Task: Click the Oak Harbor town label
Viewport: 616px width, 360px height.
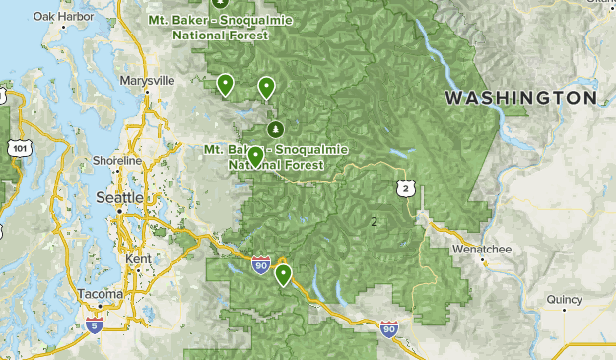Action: (55, 17)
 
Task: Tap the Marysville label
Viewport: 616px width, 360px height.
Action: (146, 80)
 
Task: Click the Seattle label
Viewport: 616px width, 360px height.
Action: (118, 198)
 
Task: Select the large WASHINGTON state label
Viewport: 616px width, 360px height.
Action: (520, 98)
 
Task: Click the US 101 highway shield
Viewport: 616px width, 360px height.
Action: (20, 148)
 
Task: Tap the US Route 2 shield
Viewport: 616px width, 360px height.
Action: (405, 187)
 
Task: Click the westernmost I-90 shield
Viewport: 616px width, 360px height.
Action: (260, 265)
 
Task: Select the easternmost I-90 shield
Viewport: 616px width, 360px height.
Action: (389, 330)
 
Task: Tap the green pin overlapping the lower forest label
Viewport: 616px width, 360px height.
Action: (255, 156)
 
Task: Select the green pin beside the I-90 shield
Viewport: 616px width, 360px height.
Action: (284, 274)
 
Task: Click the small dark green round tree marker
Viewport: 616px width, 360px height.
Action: (275, 129)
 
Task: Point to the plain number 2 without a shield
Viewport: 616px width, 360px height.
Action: (374, 221)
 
